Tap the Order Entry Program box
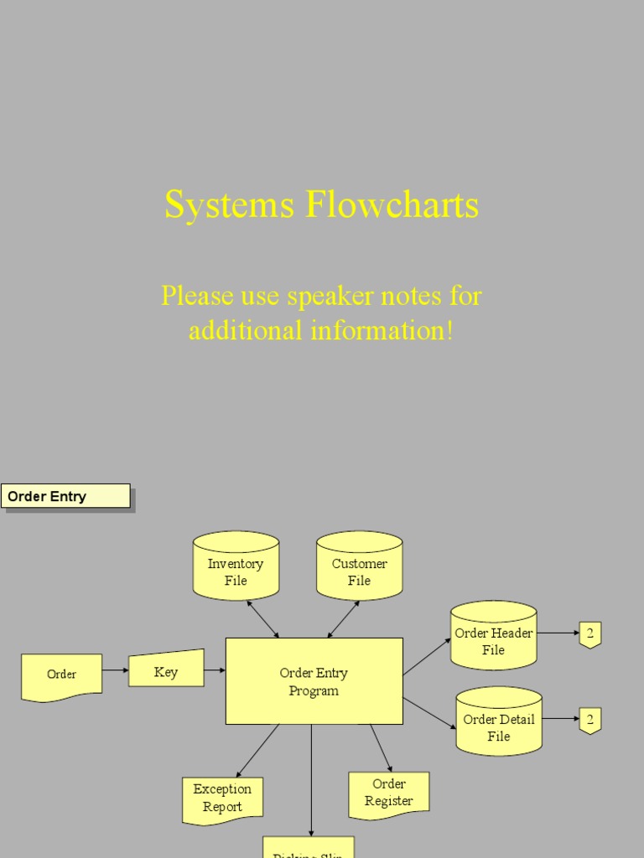coord(314,681)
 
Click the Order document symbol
coord(61,675)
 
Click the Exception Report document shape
coord(222,799)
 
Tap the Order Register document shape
coord(389,793)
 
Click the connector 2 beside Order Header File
coord(590,634)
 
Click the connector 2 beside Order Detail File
coord(590,720)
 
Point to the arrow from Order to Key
coord(115,670)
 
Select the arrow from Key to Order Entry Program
coord(215,670)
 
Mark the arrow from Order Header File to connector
coord(558,633)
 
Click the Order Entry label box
coord(65,496)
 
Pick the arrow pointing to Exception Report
coord(257,750)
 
